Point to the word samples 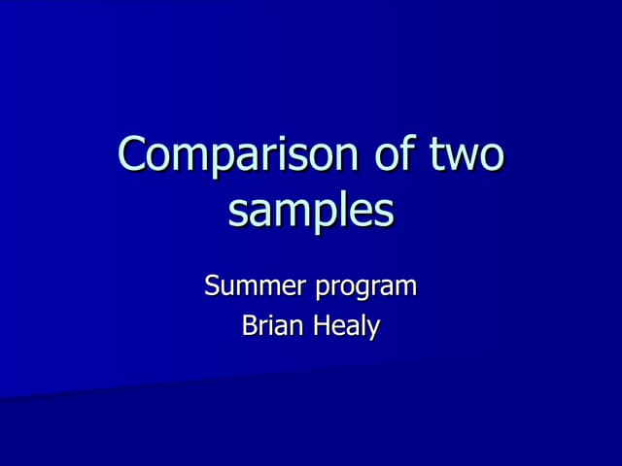(x=311, y=212)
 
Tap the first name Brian (x=273, y=326)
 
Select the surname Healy (x=345, y=327)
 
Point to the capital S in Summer (x=213, y=287)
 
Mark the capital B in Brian (x=248, y=326)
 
